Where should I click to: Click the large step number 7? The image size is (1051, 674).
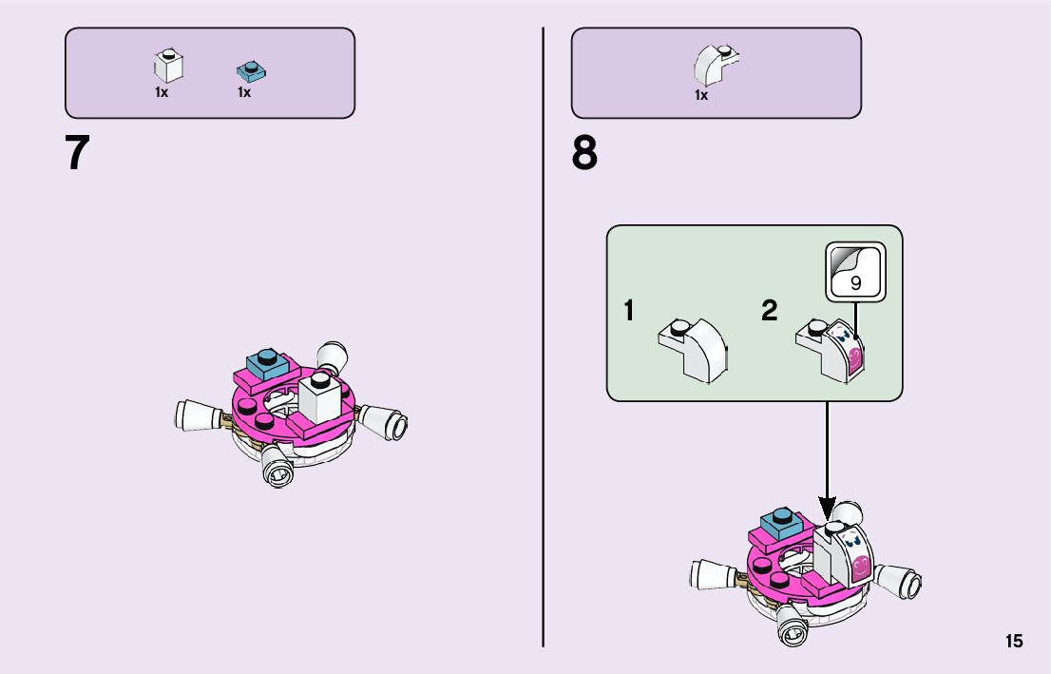pos(78,153)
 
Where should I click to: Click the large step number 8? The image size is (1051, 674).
pos(584,153)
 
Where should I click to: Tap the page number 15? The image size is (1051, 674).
pos(1014,641)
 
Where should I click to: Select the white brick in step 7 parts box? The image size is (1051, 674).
pos(168,66)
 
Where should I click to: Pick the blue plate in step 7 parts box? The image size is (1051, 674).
pos(251,69)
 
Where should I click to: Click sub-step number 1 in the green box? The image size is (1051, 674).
pos(628,311)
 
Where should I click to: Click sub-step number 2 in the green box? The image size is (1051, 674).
pos(770,311)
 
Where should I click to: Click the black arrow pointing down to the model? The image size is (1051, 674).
pos(827,456)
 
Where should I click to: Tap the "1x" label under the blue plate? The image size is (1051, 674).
pos(244,93)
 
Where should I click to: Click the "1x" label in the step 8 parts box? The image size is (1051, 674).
pos(701,95)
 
